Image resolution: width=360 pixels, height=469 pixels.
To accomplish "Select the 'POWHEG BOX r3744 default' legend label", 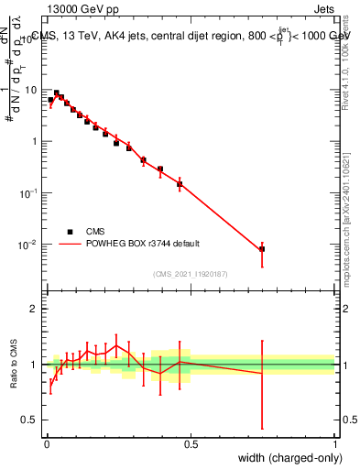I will coord(145,244).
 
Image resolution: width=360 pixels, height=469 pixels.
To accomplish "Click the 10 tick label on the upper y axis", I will coord(31,90).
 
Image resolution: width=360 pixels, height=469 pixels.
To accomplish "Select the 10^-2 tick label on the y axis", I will coord(29,245).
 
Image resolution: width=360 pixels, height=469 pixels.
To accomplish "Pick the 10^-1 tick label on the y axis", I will coord(29,193).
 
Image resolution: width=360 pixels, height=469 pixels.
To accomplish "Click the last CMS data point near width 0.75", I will coord(262,249).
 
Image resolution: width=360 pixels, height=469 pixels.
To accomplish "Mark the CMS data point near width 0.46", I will coord(180,184).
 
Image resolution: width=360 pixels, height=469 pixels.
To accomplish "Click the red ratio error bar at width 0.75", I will coord(262,385).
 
